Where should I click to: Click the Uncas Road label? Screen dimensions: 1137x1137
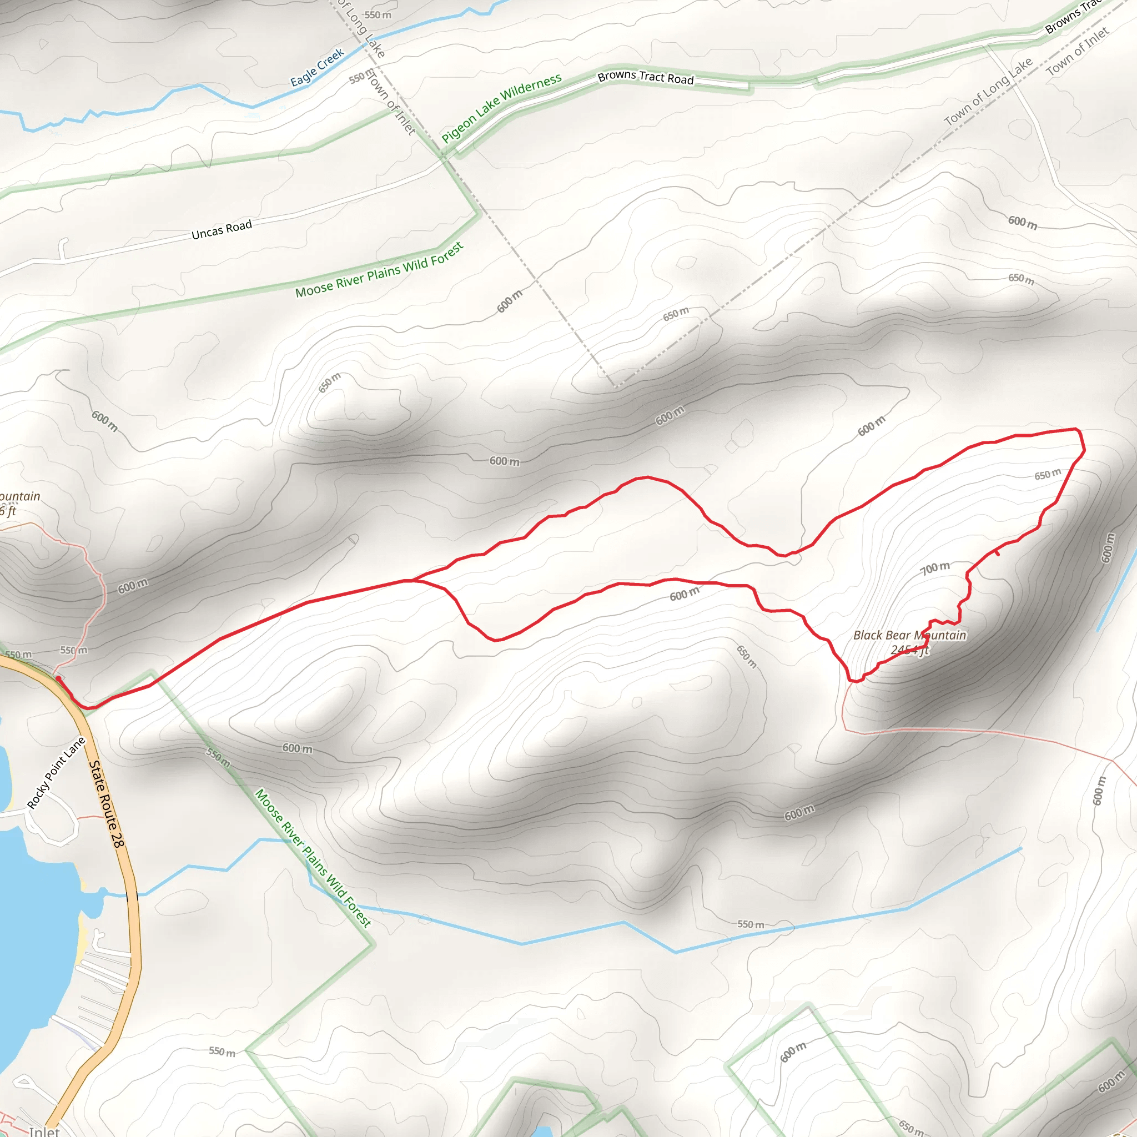[x=222, y=229]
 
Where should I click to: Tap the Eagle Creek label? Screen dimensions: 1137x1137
[x=316, y=67]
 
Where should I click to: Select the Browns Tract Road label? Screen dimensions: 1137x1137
[x=646, y=77]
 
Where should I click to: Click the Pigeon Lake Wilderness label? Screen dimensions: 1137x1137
[x=501, y=108]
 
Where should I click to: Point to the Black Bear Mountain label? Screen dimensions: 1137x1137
[x=909, y=635]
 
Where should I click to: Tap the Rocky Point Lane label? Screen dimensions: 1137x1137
[x=57, y=773]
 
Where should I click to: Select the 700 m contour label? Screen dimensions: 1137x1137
[x=935, y=567]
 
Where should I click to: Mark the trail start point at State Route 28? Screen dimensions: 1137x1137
[x=58, y=678]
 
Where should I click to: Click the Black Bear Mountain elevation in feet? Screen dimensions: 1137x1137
[x=909, y=650]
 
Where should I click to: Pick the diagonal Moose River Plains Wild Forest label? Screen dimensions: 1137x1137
[x=313, y=859]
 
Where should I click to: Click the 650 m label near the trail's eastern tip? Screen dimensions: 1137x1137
[x=1048, y=474]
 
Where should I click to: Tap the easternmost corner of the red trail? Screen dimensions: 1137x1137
[x=1084, y=451]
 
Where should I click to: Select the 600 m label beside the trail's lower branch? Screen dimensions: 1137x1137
[x=685, y=594]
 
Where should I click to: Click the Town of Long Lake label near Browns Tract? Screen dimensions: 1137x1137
[x=988, y=91]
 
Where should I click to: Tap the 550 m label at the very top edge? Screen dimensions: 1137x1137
[x=377, y=15]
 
